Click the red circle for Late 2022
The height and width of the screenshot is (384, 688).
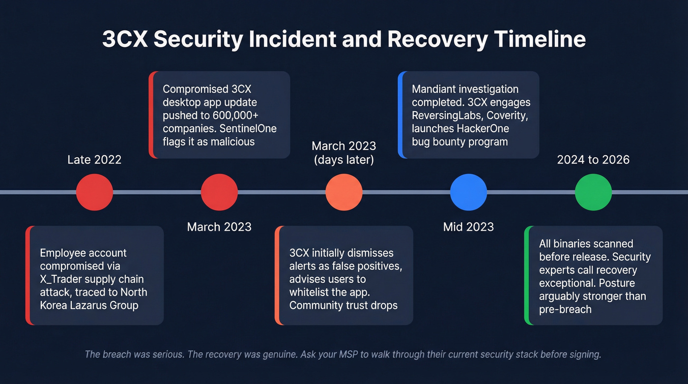pos(94,192)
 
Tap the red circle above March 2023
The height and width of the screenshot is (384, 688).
pos(219,192)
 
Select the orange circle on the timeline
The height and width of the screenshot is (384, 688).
pos(344,192)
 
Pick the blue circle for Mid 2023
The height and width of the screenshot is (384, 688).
pos(469,192)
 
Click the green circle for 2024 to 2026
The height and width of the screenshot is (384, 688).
pos(593,192)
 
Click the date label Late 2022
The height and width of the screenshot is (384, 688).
pos(94,160)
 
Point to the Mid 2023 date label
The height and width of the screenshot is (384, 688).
pos(468,227)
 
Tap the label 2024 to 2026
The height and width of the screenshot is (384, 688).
pos(593,160)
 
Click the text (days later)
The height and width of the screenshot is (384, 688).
pos(344,160)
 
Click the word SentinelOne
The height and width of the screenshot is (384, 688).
pos(249,128)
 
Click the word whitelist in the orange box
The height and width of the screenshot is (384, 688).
pos(310,292)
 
